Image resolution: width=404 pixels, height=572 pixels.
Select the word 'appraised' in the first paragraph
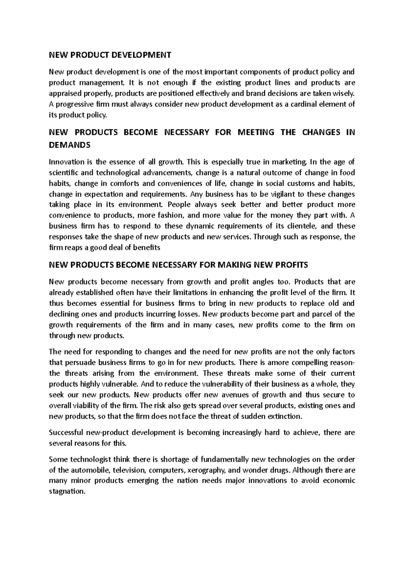[x=64, y=93]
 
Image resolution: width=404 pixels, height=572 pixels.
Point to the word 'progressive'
[x=72, y=104]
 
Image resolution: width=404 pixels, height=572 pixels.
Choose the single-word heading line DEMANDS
[x=70, y=145]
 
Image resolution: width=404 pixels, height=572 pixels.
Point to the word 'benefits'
[x=146, y=248]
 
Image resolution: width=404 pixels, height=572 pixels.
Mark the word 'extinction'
[x=285, y=416]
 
